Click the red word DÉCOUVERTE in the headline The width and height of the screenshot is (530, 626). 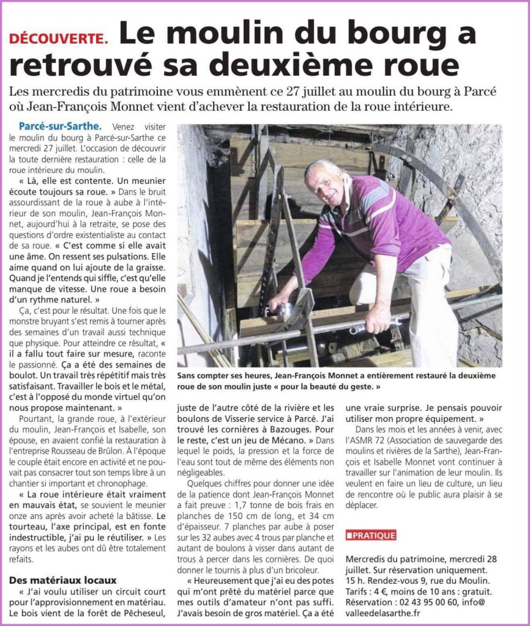59,38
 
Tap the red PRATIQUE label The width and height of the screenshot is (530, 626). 371,536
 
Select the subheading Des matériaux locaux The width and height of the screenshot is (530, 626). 63,580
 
